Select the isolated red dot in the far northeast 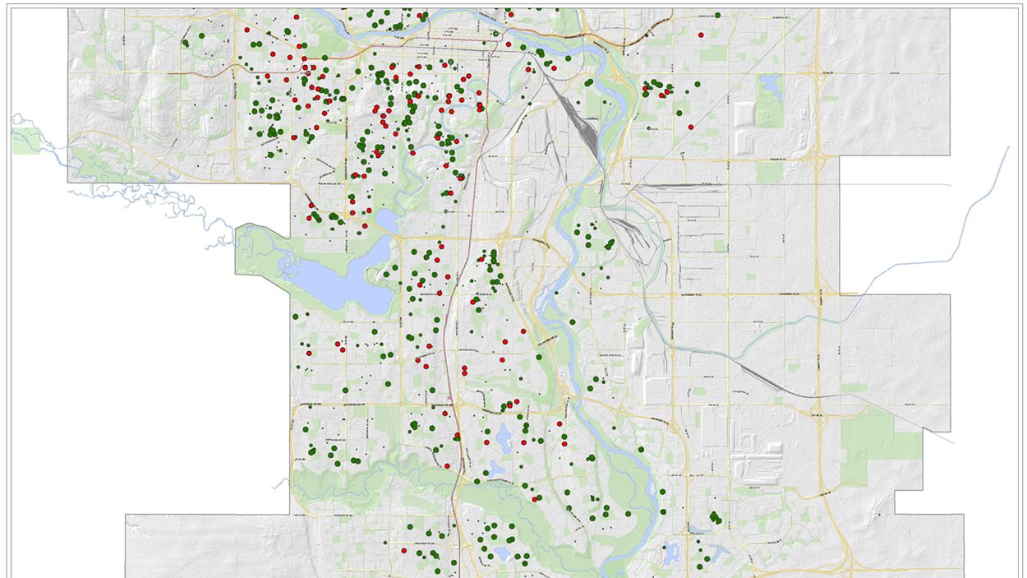tap(701, 35)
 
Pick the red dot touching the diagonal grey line tap(690, 127)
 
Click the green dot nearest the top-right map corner tap(718, 15)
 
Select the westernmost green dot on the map tap(187, 43)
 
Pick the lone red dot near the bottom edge tap(404, 550)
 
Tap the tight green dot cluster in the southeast tap(716, 518)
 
